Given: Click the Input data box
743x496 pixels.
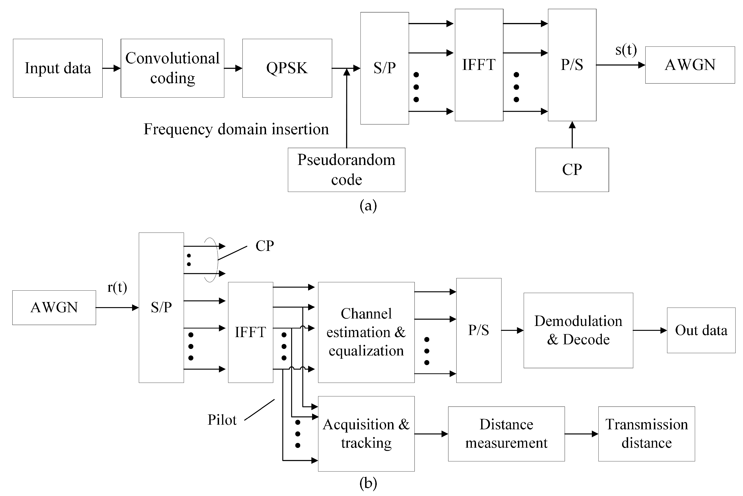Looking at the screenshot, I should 58,68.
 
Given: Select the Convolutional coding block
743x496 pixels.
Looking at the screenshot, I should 172,68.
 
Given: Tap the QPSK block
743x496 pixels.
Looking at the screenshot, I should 287,68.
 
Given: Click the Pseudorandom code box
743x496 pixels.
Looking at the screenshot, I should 346,170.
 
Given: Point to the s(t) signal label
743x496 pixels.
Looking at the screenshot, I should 626,50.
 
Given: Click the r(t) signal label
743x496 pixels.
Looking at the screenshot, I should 117,287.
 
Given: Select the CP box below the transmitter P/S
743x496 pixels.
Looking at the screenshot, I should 572,170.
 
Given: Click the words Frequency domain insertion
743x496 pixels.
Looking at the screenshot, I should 236,129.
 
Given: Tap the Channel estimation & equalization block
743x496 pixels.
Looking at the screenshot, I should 366,332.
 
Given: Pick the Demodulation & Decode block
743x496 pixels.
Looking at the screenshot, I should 578,330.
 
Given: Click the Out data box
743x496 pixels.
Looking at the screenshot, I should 701,330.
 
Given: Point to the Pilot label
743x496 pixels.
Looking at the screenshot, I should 222,420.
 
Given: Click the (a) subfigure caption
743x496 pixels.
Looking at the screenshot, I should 368,206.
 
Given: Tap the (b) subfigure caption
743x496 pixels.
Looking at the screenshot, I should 368,483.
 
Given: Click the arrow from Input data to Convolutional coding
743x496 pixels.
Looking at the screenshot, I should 111,68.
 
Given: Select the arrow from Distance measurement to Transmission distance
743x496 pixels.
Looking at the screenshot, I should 581,434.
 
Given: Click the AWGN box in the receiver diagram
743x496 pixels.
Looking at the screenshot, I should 54,307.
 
